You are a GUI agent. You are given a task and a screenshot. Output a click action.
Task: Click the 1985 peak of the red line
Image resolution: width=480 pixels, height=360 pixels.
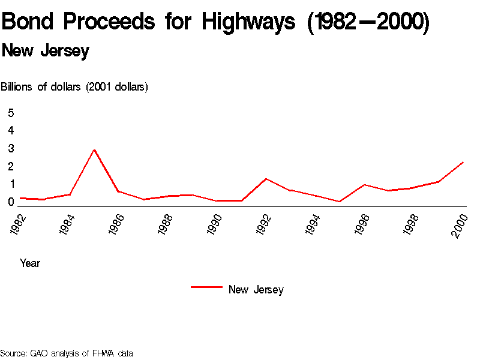pyautogui.click(x=94, y=149)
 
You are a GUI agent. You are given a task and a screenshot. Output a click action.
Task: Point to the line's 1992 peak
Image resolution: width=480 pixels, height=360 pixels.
pyautogui.click(x=266, y=179)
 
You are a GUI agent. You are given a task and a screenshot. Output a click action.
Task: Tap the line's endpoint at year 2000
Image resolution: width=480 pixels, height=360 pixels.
pyautogui.click(x=463, y=162)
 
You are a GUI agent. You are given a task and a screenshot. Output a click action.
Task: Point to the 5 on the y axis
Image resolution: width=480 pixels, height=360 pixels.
pyautogui.click(x=11, y=113)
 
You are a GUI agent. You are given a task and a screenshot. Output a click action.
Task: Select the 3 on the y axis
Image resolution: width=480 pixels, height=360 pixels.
pyautogui.click(x=11, y=148)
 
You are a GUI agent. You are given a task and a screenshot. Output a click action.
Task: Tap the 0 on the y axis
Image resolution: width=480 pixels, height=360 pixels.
pyautogui.click(x=11, y=202)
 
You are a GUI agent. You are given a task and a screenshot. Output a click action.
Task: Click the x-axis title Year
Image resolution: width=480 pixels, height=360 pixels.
pyautogui.click(x=30, y=263)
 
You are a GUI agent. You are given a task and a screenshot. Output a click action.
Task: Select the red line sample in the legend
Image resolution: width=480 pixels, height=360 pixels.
pyautogui.click(x=206, y=287)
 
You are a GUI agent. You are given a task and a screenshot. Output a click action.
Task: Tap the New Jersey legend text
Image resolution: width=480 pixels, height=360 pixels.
pyautogui.click(x=256, y=290)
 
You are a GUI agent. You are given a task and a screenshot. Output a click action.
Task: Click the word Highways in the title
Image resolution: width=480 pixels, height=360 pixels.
pyautogui.click(x=248, y=23)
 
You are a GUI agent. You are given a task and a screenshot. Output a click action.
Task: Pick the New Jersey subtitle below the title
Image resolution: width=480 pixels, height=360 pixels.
pyautogui.click(x=46, y=51)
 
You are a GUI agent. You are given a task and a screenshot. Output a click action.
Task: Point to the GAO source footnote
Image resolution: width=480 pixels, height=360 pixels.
pyautogui.click(x=67, y=353)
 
